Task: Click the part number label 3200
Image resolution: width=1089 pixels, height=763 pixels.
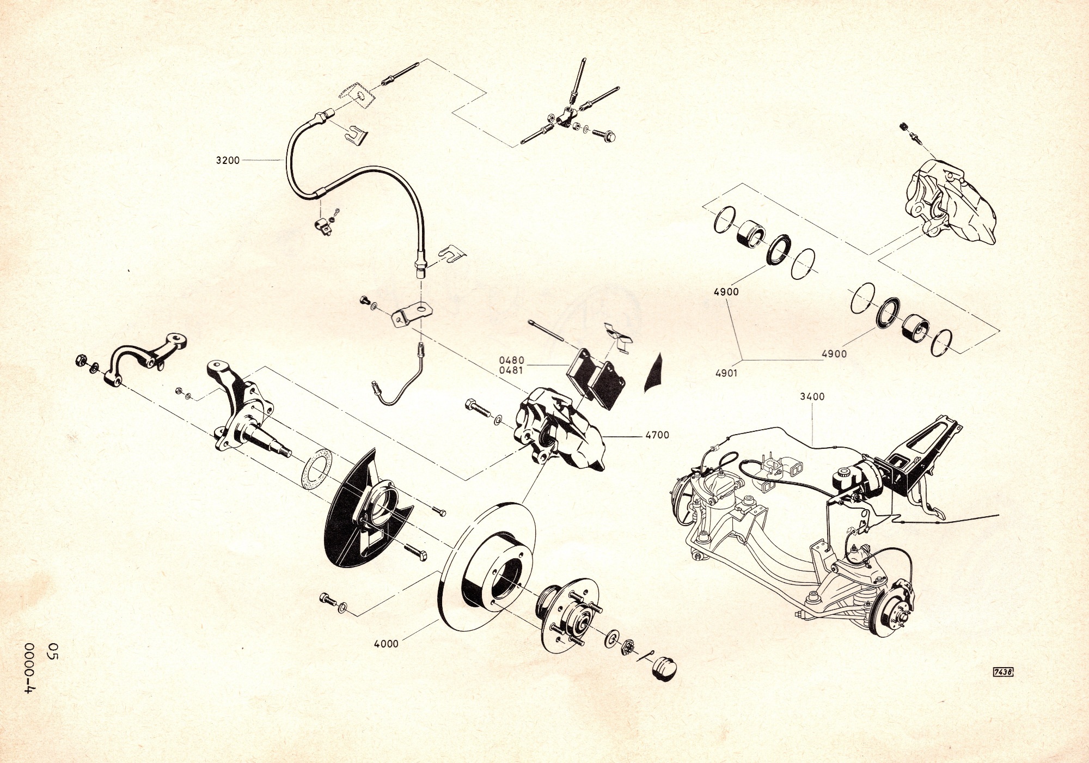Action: tap(228, 160)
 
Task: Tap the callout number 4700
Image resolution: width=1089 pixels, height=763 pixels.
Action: tap(657, 435)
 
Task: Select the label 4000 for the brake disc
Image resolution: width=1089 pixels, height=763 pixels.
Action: tap(386, 644)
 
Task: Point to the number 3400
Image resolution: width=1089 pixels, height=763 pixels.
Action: tap(812, 397)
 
